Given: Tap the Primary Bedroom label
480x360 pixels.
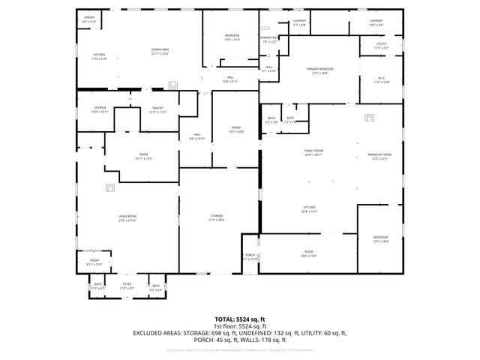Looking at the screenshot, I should coord(320,70).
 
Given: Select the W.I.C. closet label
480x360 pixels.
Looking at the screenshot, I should coord(382,79).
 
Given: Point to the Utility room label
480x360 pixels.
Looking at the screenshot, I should coord(381,46).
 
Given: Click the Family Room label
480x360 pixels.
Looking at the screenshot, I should coord(313,152).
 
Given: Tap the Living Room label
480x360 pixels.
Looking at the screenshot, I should coord(126,218).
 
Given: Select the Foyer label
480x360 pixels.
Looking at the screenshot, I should coord(127,286).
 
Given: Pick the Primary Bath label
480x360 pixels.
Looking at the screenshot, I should coord(269,40).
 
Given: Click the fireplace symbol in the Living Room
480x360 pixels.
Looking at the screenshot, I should coord(109,187).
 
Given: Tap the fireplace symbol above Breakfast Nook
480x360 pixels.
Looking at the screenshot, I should coord(368,117).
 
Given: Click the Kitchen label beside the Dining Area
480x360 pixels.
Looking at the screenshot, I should coord(99,56).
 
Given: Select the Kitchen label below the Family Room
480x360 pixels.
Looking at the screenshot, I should coord(309,209).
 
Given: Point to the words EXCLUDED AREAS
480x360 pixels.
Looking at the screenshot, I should coord(160,332).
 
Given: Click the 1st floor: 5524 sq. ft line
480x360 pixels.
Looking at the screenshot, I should coord(240,326).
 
